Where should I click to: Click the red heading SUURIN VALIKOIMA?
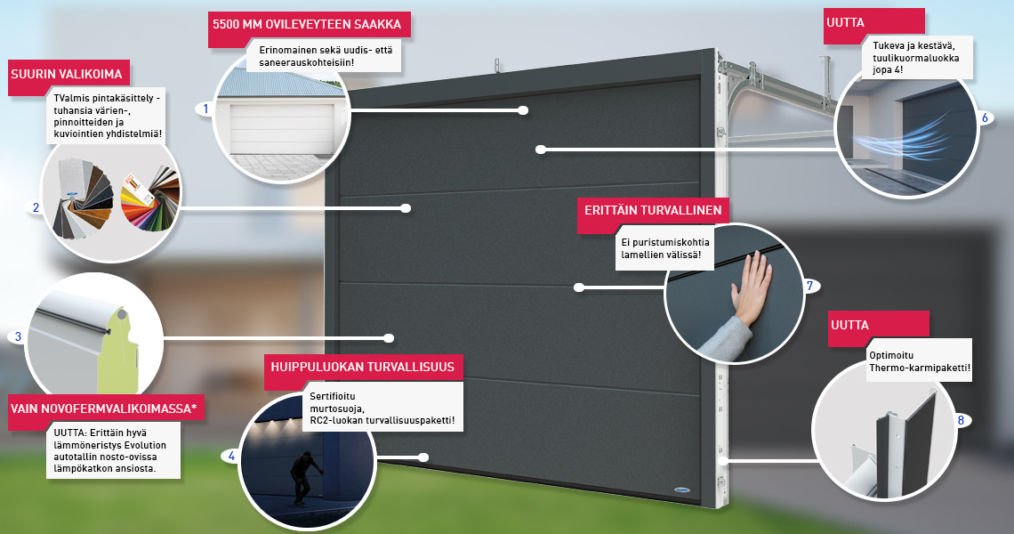[x=67, y=75]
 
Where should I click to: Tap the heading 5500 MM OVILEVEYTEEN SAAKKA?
[x=307, y=25]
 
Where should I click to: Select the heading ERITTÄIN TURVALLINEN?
[x=653, y=210]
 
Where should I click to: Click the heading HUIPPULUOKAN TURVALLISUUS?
[x=362, y=367]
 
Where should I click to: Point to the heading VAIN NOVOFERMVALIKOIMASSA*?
[x=103, y=409]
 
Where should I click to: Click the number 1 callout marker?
[x=206, y=109]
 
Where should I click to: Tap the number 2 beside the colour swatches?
[x=36, y=207]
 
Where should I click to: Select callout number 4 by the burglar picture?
[x=231, y=457]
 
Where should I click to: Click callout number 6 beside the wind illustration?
[x=985, y=117]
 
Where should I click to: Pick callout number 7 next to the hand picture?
[x=809, y=286]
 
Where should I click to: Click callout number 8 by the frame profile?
[x=961, y=421]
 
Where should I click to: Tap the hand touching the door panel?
[x=750, y=288]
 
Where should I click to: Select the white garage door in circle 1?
[x=282, y=127]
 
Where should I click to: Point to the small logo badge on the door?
[x=681, y=490]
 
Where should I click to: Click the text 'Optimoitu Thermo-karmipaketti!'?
[x=920, y=362]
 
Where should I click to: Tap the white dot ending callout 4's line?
[x=423, y=457]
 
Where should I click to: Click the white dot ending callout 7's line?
[x=579, y=287]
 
